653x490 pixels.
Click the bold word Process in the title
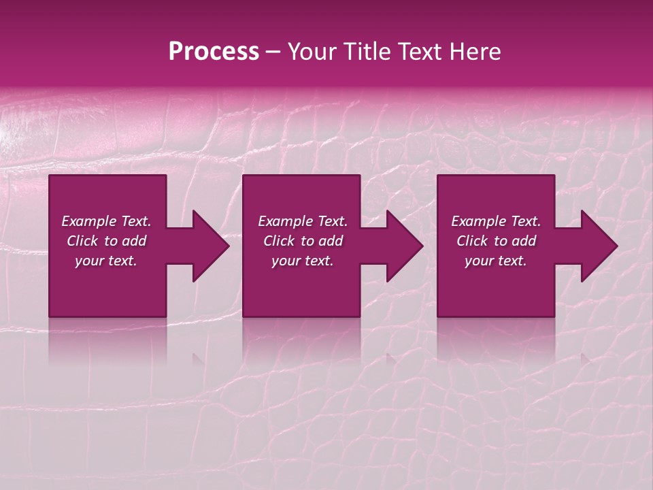214,52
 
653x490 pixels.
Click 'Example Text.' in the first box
106,221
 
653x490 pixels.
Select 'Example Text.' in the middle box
303,221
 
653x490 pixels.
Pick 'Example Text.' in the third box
496,221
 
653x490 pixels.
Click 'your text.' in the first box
106,261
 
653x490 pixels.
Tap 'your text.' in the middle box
303,261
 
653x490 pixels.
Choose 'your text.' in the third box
496,261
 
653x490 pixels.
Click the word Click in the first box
82,241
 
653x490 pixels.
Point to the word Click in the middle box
279,241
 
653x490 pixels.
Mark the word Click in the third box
472,241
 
